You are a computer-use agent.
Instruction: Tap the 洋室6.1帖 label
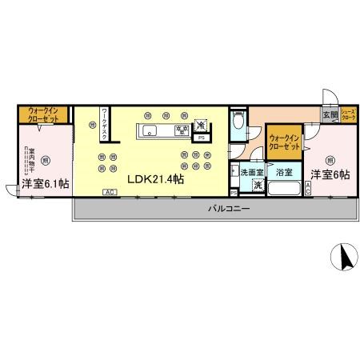(45, 183)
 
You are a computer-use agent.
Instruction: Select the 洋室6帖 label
(330, 174)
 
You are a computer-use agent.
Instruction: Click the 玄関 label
(330, 115)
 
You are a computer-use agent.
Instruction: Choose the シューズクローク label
(349, 115)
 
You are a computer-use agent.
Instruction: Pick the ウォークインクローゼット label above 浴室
(284, 142)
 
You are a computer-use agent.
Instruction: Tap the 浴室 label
(284, 172)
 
